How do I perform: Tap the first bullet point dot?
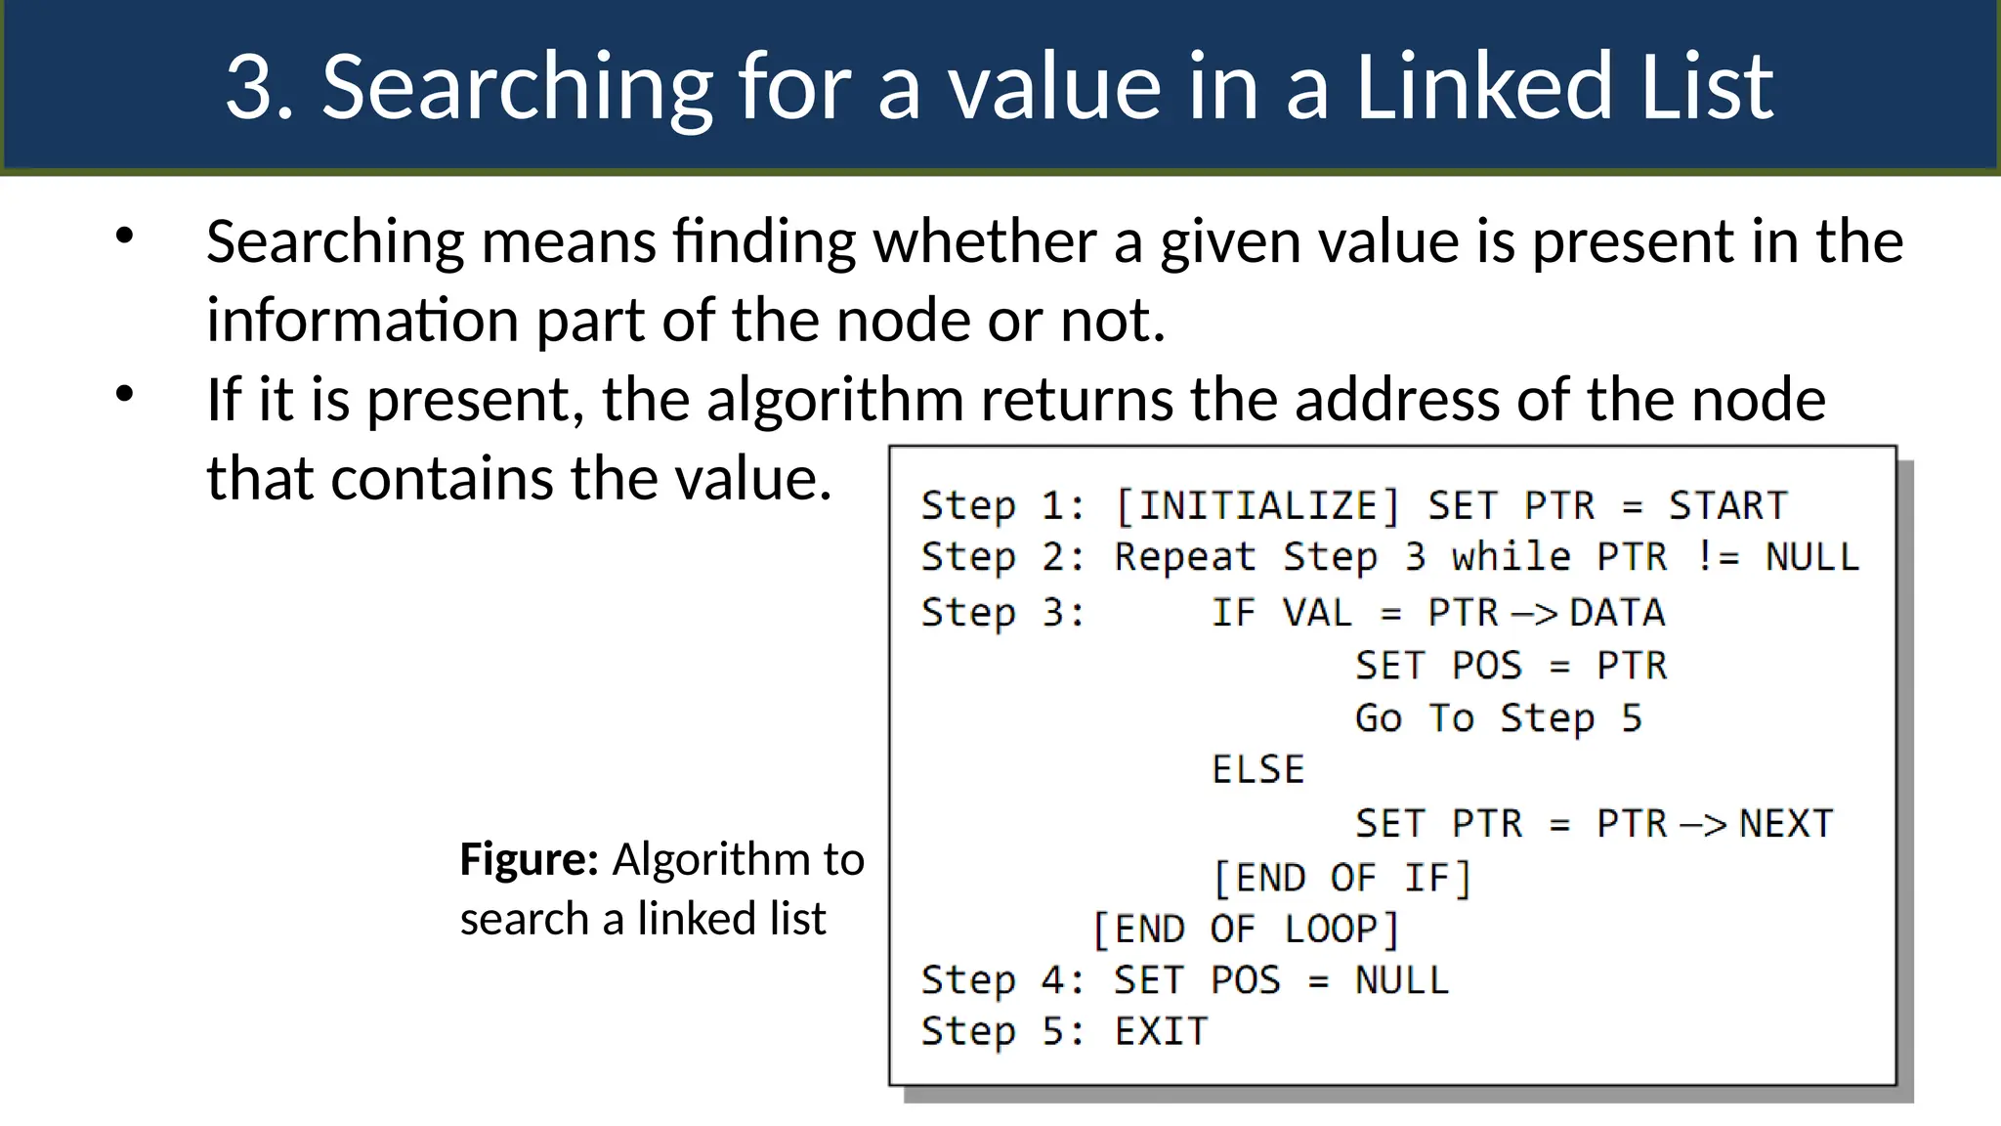(x=124, y=236)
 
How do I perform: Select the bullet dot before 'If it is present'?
(x=124, y=394)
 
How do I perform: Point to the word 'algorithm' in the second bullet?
(x=835, y=400)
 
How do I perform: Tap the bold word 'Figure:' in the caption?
(x=529, y=859)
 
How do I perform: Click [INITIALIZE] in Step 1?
(x=1257, y=506)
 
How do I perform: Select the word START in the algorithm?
(x=1727, y=506)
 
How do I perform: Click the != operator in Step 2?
(x=1717, y=557)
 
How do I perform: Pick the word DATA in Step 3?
(x=1617, y=613)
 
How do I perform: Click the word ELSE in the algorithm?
(x=1257, y=770)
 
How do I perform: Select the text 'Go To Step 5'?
(x=1498, y=718)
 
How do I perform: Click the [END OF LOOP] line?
(x=1245, y=930)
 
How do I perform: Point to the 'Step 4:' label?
(x=1002, y=980)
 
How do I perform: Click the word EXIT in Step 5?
(x=1161, y=1032)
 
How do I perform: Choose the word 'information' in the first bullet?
(x=362, y=321)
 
